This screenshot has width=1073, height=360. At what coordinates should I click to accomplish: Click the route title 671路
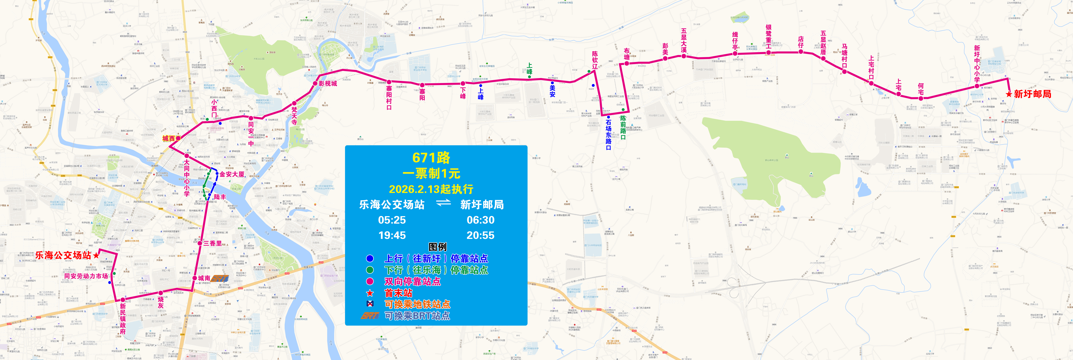pyautogui.click(x=431, y=158)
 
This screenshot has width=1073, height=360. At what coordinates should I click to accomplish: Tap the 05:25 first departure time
pyautogui.click(x=392, y=220)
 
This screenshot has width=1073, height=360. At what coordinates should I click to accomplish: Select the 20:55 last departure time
pyautogui.click(x=480, y=235)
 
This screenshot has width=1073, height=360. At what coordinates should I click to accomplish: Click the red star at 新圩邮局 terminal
pyautogui.click(x=1008, y=94)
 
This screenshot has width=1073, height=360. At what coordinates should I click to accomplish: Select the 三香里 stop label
pyautogui.click(x=212, y=243)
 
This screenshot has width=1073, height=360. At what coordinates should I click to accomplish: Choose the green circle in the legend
pyautogui.click(x=370, y=270)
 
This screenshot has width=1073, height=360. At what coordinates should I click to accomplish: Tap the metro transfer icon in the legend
pyautogui.click(x=370, y=304)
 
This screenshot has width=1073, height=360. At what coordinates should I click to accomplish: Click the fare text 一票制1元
pyautogui.click(x=431, y=173)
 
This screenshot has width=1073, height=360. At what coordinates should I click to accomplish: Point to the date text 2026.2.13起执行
pyautogui.click(x=431, y=189)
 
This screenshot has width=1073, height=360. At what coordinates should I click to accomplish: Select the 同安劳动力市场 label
pyautogui.click(x=86, y=276)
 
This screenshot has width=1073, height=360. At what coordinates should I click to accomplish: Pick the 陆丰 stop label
pyautogui.click(x=220, y=197)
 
